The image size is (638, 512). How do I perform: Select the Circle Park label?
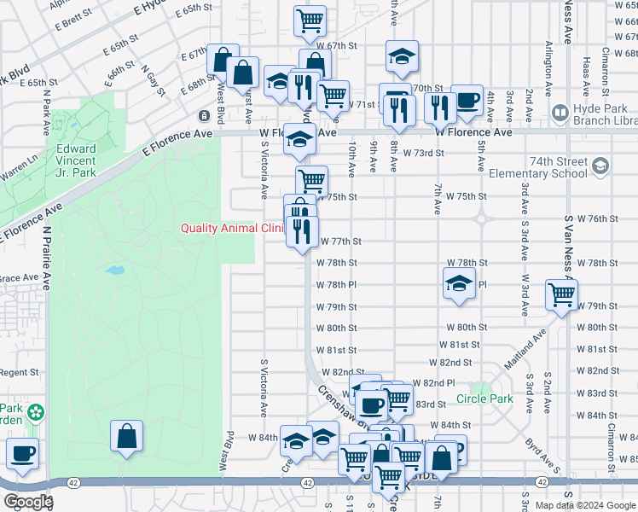(x=484, y=399)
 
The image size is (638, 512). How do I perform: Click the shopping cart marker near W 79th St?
(x=561, y=295)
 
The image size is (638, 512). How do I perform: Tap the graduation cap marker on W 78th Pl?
(x=459, y=284)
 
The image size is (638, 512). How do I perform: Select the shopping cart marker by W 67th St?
(x=310, y=20)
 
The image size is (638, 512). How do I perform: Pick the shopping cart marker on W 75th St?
(x=312, y=181)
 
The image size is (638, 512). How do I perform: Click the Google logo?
(x=27, y=502)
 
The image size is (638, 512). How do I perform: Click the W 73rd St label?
(x=425, y=153)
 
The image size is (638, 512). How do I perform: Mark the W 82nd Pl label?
(x=433, y=383)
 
